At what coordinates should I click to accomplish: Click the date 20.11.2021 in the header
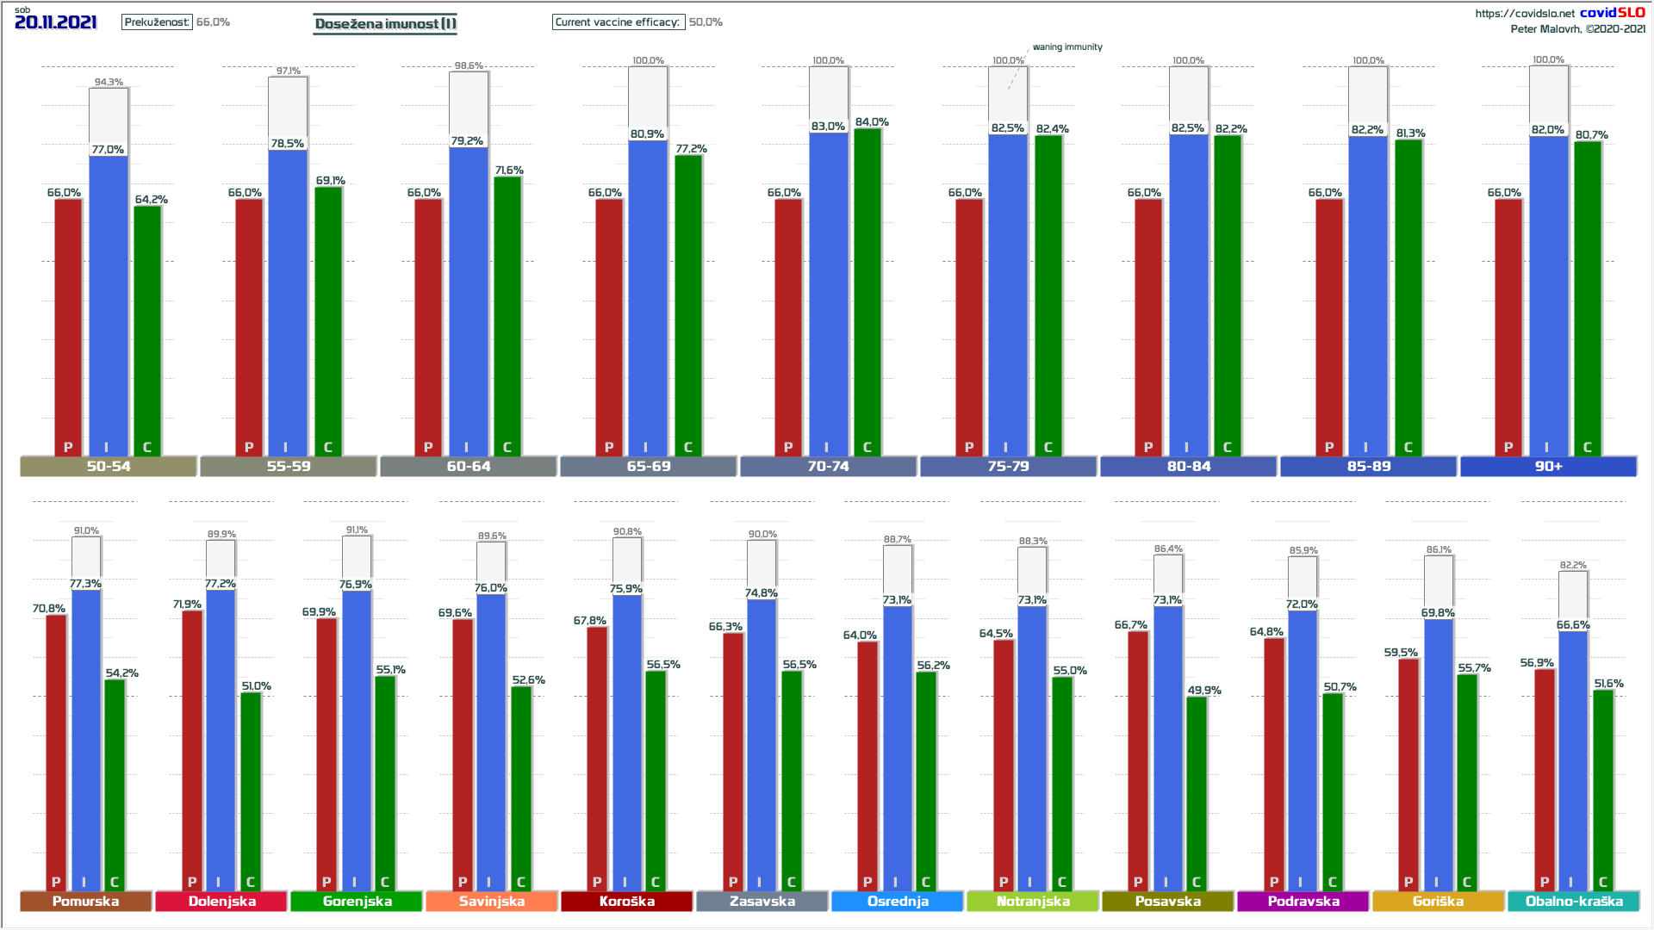(56, 22)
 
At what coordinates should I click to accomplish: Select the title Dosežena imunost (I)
(385, 23)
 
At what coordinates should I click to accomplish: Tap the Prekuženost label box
(157, 22)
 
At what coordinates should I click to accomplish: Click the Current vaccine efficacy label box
(618, 22)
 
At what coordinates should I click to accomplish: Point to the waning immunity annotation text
(1067, 47)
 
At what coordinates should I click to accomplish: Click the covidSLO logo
(1612, 12)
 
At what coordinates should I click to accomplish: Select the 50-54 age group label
(109, 466)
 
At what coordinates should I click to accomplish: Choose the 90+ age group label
(1548, 466)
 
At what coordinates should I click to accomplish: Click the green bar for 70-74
(867, 293)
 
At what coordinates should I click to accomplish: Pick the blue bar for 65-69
(648, 297)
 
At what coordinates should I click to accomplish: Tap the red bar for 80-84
(1148, 327)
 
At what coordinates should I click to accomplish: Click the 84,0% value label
(872, 122)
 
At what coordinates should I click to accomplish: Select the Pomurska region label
(85, 901)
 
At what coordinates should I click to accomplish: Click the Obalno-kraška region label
(1574, 901)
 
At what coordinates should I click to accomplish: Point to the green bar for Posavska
(1196, 792)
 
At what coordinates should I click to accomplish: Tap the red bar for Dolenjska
(192, 749)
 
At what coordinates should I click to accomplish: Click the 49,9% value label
(1204, 691)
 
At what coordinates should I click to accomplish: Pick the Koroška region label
(626, 901)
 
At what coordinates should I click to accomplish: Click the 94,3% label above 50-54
(109, 83)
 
